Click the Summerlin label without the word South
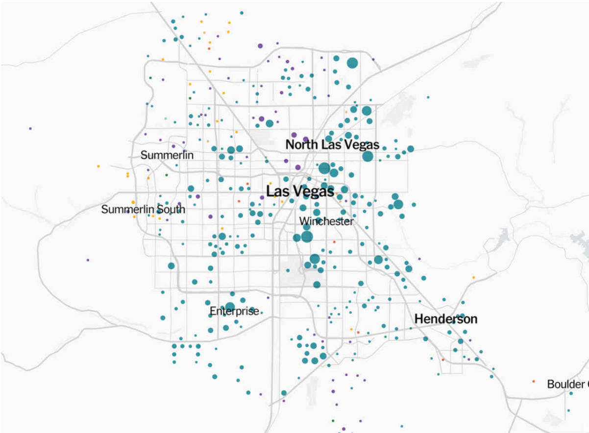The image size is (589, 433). (x=167, y=155)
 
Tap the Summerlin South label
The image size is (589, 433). (x=143, y=210)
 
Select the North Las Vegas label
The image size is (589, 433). (x=332, y=145)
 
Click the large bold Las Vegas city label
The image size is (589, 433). (x=300, y=191)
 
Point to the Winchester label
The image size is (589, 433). (x=326, y=221)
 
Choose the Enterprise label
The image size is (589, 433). (x=234, y=312)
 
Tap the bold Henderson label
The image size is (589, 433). (x=445, y=319)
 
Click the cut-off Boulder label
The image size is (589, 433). (x=567, y=385)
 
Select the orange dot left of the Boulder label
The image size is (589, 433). (x=534, y=382)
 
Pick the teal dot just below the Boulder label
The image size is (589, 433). (x=571, y=393)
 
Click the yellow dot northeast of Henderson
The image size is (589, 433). (x=473, y=278)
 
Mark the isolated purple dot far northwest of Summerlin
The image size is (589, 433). (x=30, y=128)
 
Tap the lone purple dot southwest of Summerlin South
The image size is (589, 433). (x=88, y=260)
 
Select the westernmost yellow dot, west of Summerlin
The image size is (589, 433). (x=98, y=167)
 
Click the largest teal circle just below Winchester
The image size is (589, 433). (x=307, y=237)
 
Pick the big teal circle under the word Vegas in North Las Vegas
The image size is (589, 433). (x=368, y=157)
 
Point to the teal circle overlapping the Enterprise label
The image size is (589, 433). (x=230, y=307)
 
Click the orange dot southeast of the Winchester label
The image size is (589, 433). (x=334, y=242)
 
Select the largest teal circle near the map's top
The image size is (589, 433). (x=352, y=63)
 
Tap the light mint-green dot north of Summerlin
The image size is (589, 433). (x=166, y=119)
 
